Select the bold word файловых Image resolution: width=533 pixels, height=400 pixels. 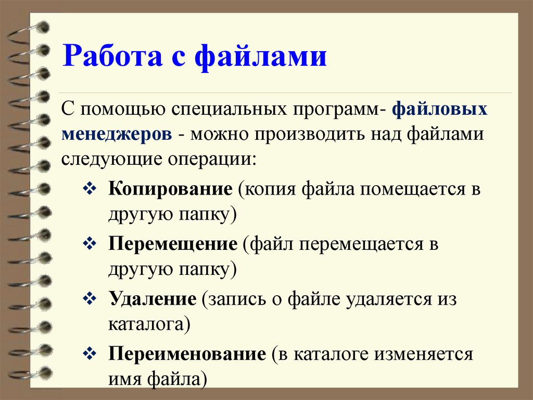coord(440,110)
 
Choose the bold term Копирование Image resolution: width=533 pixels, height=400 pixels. coord(170,188)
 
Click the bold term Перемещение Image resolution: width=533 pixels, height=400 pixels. coord(172,244)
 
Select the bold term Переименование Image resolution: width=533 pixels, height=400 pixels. coord(187,355)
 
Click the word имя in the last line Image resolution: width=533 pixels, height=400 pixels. coord(123,377)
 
